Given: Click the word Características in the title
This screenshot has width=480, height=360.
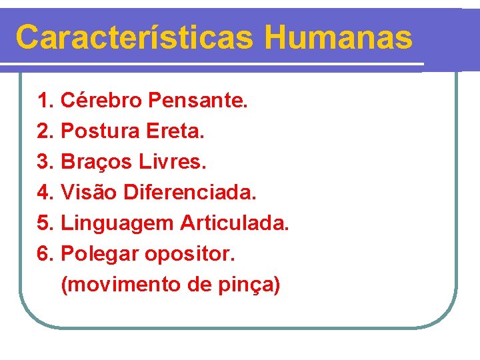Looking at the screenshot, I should [134, 38].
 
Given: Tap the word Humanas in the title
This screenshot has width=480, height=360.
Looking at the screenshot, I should [338, 38].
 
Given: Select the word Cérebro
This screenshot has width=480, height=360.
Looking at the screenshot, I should [101, 101].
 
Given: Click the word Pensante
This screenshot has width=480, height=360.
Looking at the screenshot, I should [198, 101].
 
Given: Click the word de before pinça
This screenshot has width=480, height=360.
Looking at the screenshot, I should [199, 285].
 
